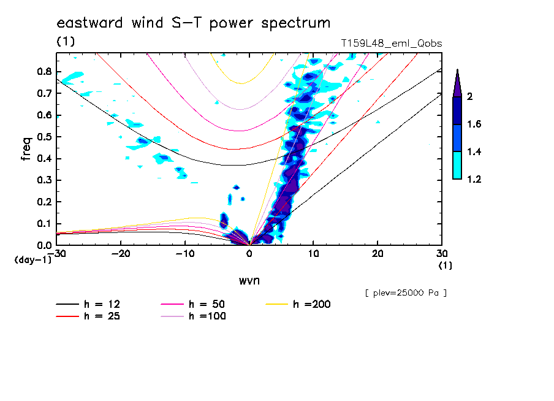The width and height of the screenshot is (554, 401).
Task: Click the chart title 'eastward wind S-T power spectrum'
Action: click(x=193, y=23)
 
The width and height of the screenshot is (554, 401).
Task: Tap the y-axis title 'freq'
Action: click(x=26, y=148)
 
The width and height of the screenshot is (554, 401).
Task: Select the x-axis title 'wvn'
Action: click(x=249, y=280)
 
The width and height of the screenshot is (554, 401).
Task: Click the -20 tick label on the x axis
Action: click(x=121, y=254)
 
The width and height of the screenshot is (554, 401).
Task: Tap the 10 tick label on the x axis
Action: click(x=313, y=254)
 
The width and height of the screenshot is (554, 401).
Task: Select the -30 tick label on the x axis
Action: click(x=56, y=254)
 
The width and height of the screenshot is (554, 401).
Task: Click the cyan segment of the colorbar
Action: click(x=457, y=165)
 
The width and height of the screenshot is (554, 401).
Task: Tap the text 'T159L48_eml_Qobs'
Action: click(x=391, y=44)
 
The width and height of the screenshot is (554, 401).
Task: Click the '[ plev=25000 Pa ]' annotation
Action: click(x=405, y=292)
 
